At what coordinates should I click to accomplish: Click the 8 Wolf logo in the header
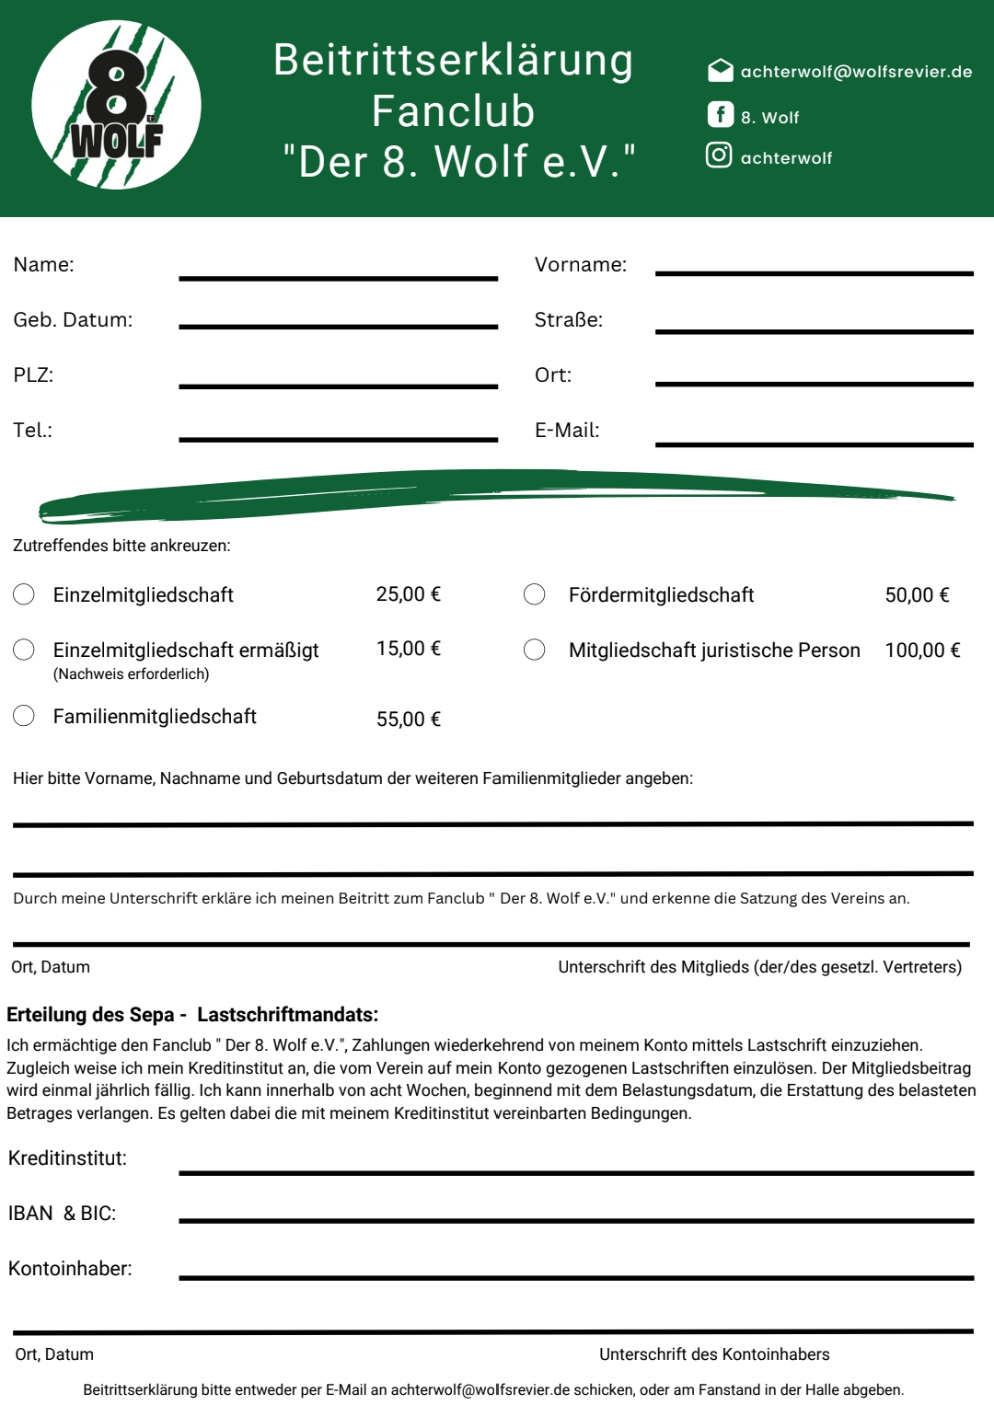[x=116, y=105]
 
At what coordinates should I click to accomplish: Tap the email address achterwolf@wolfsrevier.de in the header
[x=856, y=72]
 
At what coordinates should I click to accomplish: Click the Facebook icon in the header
[x=720, y=114]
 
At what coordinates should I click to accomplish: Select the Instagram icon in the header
[x=719, y=155]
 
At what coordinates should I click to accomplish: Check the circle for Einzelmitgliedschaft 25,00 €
[x=24, y=594]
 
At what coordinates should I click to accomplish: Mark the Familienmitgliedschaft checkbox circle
[x=24, y=716]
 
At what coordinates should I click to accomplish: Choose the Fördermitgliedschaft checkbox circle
[x=534, y=594]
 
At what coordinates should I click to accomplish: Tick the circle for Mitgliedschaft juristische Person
[x=534, y=650]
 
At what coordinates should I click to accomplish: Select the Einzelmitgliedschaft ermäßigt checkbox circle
[x=24, y=650]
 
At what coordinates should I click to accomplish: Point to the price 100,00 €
[x=922, y=651]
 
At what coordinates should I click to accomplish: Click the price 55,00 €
[x=409, y=720]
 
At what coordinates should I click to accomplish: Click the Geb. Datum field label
[x=73, y=320]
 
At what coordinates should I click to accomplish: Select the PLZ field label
[x=33, y=375]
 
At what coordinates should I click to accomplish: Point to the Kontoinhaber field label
[x=70, y=1269]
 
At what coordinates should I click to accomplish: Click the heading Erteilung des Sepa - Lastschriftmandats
[x=192, y=1015]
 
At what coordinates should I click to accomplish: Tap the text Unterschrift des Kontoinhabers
[x=714, y=1354]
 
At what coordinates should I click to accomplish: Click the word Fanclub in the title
[x=453, y=111]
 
